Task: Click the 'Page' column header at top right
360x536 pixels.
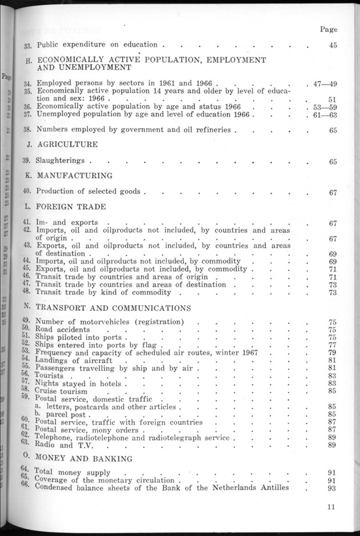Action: [x=329, y=29]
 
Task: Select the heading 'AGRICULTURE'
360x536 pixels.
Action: [x=67, y=145]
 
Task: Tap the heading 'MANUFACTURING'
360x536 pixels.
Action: [x=74, y=176]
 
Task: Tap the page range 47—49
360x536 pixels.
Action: [x=325, y=83]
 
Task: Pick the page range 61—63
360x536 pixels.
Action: [x=325, y=114]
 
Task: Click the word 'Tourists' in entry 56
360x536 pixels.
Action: [x=50, y=376]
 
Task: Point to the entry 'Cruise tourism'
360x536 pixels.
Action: [x=61, y=391]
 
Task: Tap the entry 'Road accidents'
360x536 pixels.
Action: [x=63, y=329]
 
